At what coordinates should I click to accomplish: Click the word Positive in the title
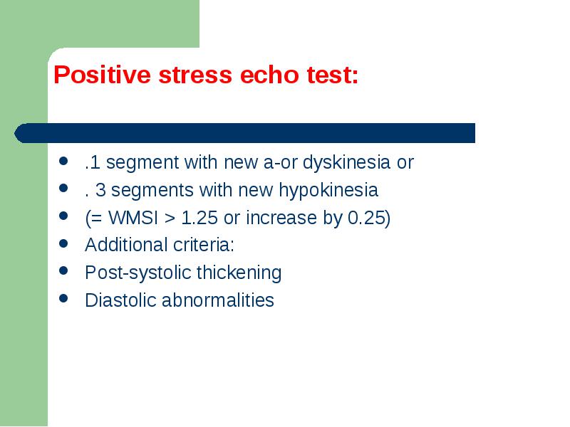102,75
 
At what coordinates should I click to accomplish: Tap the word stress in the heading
195,75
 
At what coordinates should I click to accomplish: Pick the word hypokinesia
328,190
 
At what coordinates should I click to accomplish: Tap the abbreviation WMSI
133,218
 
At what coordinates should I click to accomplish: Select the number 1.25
199,218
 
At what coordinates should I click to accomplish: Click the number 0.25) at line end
369,218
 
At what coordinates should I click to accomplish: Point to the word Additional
126,245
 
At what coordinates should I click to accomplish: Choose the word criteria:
204,245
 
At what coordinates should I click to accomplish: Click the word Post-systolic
138,273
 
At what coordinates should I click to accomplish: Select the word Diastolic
120,300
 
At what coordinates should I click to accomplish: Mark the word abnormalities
218,300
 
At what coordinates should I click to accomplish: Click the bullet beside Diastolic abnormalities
63,298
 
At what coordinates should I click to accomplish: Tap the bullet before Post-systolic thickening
63,270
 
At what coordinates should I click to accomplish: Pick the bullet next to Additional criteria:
63,243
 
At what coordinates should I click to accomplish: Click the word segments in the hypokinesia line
152,191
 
